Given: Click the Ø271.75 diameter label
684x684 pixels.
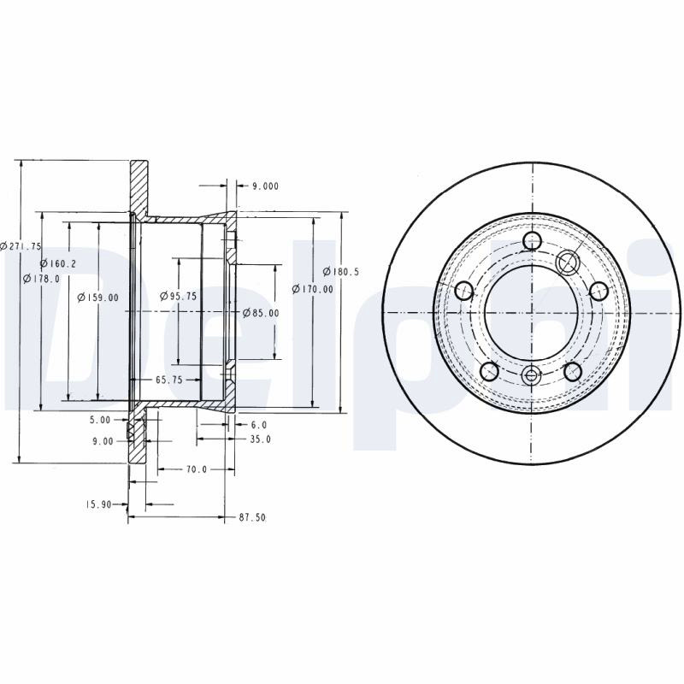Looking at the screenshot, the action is pyautogui.click(x=21, y=246).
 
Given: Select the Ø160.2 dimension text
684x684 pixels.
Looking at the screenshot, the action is pyautogui.click(x=58, y=263).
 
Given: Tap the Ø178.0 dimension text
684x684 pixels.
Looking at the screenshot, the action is pyautogui.click(x=41, y=279).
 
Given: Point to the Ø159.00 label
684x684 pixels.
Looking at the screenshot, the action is pyautogui.click(x=97, y=298).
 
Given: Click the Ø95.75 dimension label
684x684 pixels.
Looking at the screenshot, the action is pyautogui.click(x=179, y=296).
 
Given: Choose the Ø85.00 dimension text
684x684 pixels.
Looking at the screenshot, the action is pyautogui.click(x=261, y=313).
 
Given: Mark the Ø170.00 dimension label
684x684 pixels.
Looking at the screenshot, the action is pyautogui.click(x=312, y=289).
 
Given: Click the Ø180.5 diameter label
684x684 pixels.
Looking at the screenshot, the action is pyautogui.click(x=340, y=272).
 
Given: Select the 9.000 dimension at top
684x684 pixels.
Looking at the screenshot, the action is pyautogui.click(x=266, y=186).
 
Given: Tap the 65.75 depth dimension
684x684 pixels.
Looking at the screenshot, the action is pyautogui.click(x=169, y=380).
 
